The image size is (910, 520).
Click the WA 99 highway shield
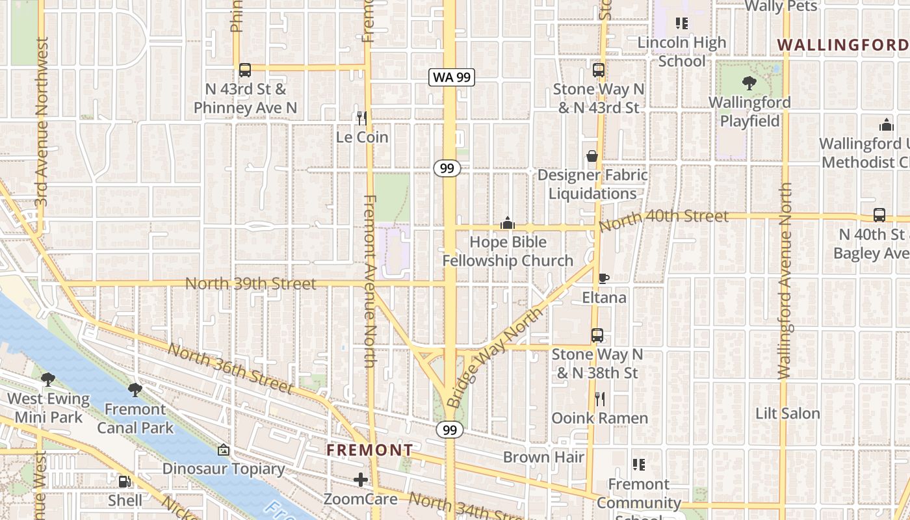[x=452, y=77]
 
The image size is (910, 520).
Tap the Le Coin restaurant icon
[x=362, y=118]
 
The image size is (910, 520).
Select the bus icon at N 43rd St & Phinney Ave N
[x=245, y=70]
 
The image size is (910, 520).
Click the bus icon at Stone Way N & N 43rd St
[x=599, y=70]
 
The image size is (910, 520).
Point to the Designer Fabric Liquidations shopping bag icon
[x=592, y=156]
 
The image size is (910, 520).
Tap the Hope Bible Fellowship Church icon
[x=508, y=223]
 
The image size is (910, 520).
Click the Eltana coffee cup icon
[x=604, y=279]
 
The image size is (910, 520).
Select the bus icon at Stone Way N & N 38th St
[x=597, y=335]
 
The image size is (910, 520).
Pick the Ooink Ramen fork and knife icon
[x=600, y=398]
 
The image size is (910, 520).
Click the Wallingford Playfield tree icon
[x=749, y=83]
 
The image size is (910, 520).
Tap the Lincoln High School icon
[x=682, y=24]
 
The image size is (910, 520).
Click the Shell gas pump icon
[x=124, y=482]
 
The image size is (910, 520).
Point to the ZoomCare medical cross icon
[x=361, y=480]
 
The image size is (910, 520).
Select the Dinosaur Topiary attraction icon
[x=224, y=450]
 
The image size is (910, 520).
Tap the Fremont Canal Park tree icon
[x=135, y=390]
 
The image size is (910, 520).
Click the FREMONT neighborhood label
[x=369, y=450]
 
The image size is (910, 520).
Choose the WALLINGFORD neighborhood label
[x=842, y=45]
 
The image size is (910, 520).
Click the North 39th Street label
[x=251, y=283]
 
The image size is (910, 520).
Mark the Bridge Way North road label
[x=495, y=357]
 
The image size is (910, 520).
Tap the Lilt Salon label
[x=787, y=413]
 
